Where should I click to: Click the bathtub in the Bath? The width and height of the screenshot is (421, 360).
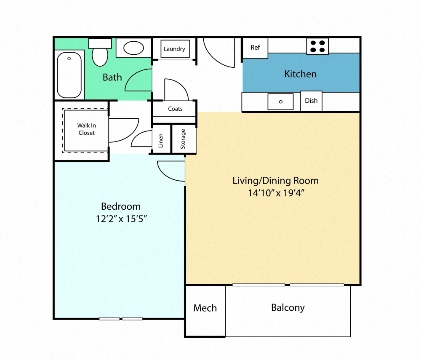(x=69, y=75)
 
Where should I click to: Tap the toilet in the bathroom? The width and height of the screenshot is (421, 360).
(x=100, y=54)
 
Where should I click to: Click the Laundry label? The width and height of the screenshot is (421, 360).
(x=174, y=49)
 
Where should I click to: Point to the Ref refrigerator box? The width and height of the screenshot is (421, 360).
(x=255, y=48)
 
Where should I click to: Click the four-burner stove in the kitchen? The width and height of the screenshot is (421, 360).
(x=317, y=46)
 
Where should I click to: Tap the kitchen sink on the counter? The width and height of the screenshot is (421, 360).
(x=280, y=101)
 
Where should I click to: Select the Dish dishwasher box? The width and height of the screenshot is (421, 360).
(x=311, y=101)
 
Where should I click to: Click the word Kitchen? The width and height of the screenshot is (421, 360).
(x=300, y=74)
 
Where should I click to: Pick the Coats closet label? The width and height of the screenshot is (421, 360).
(x=175, y=109)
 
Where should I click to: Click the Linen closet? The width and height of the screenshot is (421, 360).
(x=161, y=139)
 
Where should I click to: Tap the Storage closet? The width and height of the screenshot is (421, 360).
(x=184, y=139)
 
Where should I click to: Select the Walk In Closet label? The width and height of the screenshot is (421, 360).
(x=86, y=129)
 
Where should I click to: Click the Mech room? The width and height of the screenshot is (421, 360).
(x=205, y=308)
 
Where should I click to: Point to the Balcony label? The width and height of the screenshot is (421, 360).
(x=288, y=307)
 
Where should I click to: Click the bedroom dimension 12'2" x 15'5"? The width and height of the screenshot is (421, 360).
(x=121, y=219)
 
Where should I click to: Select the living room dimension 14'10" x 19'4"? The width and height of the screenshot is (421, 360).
(x=276, y=193)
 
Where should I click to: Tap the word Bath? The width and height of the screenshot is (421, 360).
(x=112, y=77)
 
